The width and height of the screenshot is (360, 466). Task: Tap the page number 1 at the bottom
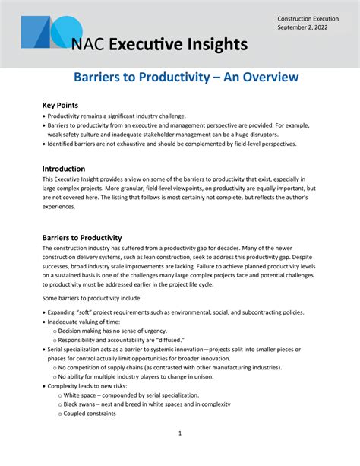point(180,433)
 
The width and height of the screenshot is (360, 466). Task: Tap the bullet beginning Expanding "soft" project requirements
point(175,312)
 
